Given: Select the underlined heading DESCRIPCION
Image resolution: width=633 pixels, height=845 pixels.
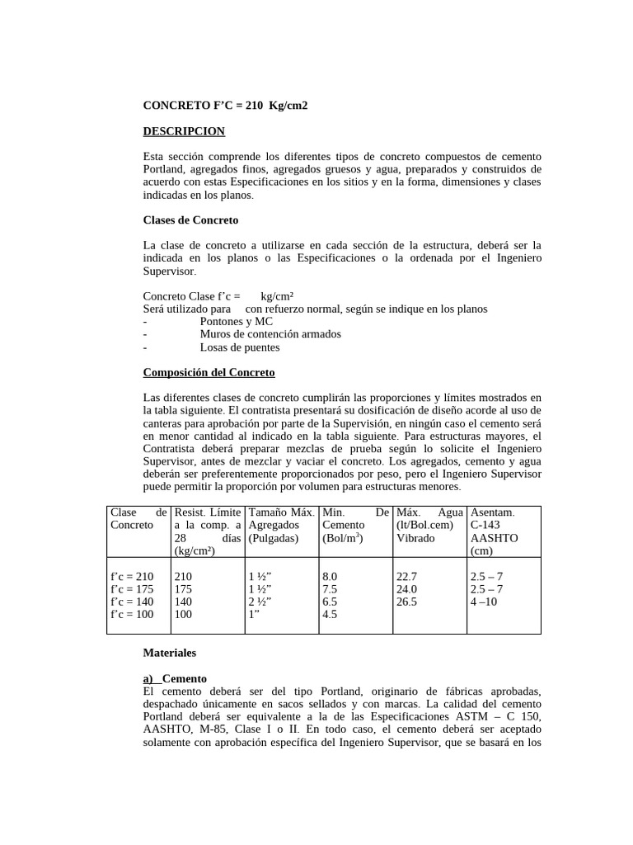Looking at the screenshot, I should tap(184, 131).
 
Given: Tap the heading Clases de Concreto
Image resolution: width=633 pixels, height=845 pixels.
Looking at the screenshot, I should tap(190, 220).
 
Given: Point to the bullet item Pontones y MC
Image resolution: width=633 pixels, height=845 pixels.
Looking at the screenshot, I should tap(236, 321).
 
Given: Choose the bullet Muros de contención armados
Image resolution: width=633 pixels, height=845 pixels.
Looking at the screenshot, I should tap(270, 334).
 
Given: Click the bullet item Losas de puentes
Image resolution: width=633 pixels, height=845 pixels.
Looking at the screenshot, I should tap(233, 347).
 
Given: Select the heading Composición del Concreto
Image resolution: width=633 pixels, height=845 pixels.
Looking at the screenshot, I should tap(209, 372).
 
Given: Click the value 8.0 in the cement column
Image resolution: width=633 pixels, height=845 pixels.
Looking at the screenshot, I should tap(330, 576).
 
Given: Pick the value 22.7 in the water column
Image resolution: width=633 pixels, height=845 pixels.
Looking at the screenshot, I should tap(407, 576).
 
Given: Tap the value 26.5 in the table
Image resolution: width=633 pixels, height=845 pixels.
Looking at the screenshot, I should tap(407, 602).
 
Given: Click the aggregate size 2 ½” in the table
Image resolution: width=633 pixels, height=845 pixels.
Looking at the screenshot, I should tap(261, 602).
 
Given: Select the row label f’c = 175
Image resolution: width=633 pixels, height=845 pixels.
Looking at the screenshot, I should tap(132, 589).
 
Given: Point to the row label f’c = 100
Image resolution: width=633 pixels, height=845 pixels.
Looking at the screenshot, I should tap(132, 614).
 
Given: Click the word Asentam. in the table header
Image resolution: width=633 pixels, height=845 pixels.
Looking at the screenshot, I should tap(492, 512).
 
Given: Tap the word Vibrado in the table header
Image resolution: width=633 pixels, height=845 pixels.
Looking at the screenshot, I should tap(415, 537).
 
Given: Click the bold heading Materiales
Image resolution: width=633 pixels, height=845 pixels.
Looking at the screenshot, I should tap(170, 652).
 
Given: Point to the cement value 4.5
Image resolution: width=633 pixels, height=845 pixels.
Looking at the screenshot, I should tap(330, 614).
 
